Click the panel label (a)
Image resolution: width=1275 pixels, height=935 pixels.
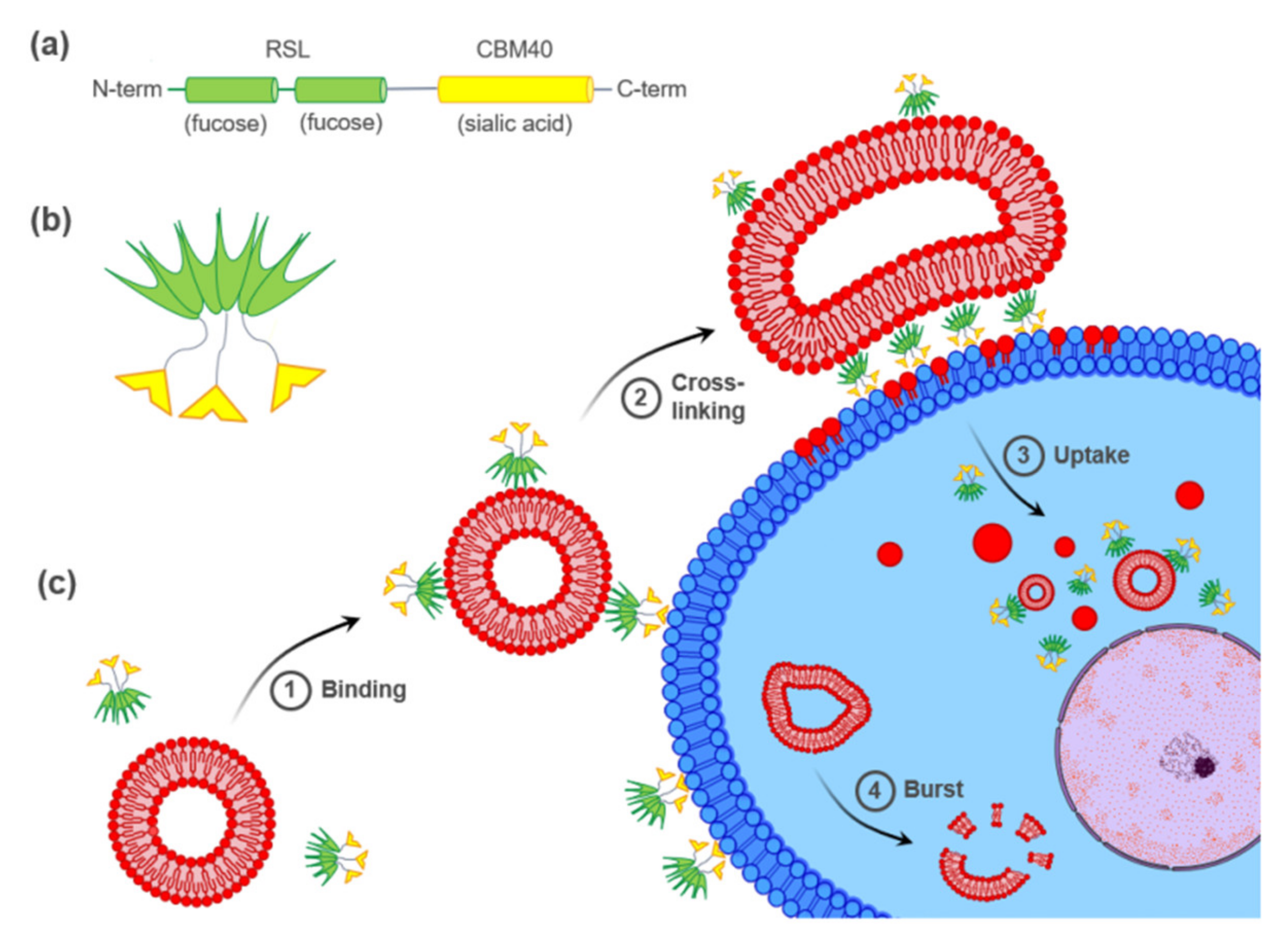pos(50,45)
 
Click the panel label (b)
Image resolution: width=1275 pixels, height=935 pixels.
pos(50,221)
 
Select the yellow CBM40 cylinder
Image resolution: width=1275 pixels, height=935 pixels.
pos(515,89)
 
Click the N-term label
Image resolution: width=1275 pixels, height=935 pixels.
pos(127,89)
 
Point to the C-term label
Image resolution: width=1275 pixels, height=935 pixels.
pos(651,89)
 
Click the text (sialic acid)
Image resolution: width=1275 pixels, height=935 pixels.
pos(515,123)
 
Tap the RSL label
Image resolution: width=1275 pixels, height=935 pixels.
pos(288,50)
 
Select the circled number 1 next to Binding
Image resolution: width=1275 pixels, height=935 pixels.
pos(290,690)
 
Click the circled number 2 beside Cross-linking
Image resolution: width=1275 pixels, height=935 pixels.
pos(641,398)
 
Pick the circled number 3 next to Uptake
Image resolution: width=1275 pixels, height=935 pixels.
pos(1023,455)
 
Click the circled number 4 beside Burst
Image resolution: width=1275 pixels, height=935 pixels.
pos(875,790)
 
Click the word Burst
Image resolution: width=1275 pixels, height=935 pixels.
pos(933,789)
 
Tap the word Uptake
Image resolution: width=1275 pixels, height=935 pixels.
pos(1091,455)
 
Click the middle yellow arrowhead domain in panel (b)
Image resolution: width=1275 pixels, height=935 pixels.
pos(214,405)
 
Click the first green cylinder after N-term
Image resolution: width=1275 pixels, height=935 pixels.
pos(232,89)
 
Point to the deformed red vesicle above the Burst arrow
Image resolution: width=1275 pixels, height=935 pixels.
pos(816,708)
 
